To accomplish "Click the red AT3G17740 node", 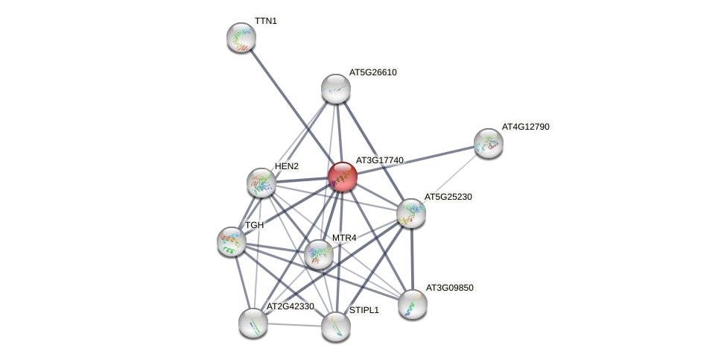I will pos(342,177).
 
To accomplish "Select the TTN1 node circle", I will pos(241,37).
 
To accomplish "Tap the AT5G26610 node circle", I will pos(335,89).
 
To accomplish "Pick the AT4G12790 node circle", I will pos(489,142).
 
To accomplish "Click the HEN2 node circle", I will pos(261,182).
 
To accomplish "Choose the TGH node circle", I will pos(231,240).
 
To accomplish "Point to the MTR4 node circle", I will pos(318,254).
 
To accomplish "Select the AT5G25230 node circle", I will pos(410,213).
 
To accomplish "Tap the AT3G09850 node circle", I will pos(412,303).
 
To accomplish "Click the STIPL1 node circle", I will pos(335,326).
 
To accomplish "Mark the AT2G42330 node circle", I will pos(253,322).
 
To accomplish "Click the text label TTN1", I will pos(265,21).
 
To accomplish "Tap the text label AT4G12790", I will pos(525,127).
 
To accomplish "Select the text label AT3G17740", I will pos(379,160).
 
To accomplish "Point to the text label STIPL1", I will pos(364,309).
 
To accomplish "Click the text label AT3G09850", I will pos(449,287).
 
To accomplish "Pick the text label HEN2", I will pos(286,166).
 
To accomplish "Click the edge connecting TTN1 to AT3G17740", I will pos(291,107).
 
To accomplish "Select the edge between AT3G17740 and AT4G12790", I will pos(416,160).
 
